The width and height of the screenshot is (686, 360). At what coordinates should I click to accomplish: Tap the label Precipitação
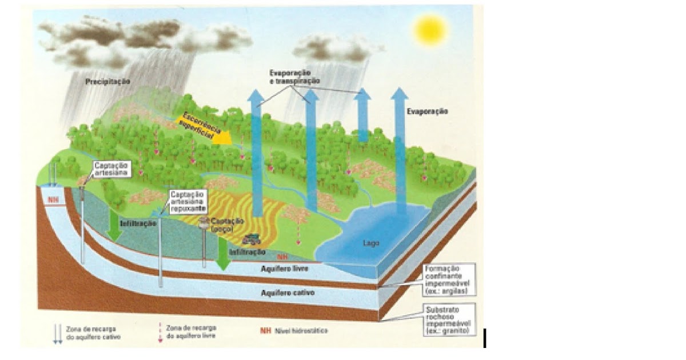(x=107, y=82)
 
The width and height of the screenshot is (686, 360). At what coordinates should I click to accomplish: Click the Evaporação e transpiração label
(x=294, y=78)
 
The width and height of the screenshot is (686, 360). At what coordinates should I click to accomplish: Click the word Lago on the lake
(x=371, y=243)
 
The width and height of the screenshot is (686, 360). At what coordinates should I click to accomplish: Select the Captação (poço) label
(x=228, y=225)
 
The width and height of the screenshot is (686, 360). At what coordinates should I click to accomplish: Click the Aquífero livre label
(x=284, y=267)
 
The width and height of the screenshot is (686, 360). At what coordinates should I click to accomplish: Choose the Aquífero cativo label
(x=287, y=293)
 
